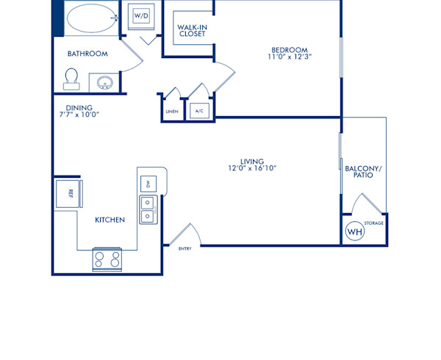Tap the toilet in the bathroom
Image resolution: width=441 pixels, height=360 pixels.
[x=71, y=78]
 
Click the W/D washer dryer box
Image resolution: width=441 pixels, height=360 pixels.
[x=141, y=15]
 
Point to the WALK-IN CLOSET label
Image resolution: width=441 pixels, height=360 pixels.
[x=192, y=30]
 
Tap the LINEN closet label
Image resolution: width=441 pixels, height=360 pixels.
[x=171, y=111]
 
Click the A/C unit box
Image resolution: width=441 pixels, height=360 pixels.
[x=198, y=111]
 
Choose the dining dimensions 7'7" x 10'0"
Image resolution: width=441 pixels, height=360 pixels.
[x=78, y=115]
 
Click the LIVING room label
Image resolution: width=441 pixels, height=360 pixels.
[x=252, y=161]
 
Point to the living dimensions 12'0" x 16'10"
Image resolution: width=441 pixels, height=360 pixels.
[x=252, y=169]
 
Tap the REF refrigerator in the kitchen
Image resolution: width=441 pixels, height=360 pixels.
[x=69, y=193]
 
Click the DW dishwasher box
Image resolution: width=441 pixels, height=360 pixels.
[x=148, y=184]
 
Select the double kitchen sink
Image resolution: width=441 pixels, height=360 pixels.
[x=148, y=209]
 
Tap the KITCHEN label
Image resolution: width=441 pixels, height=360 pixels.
[x=110, y=220]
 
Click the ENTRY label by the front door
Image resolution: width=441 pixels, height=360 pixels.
[x=185, y=249]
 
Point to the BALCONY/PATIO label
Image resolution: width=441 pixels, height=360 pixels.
[x=364, y=172]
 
